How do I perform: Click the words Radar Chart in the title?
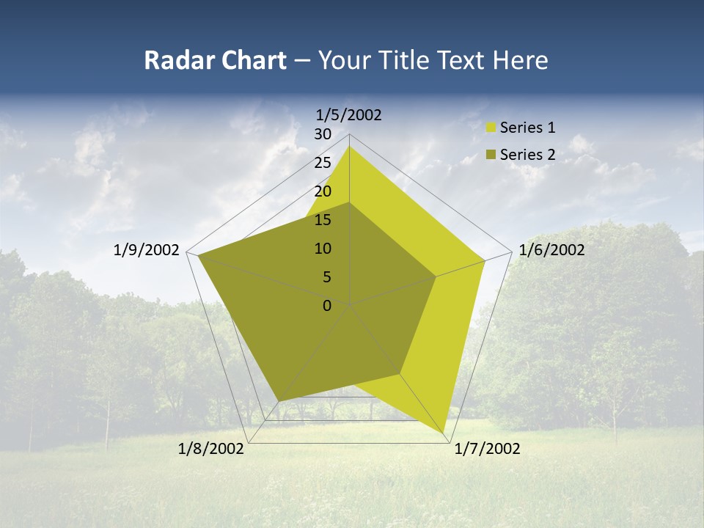215,60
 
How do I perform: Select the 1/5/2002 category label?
349,114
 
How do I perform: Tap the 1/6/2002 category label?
551,250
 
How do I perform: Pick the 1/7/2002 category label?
487,449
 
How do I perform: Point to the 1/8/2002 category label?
211,449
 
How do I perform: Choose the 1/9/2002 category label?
147,250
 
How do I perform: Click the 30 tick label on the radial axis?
323,134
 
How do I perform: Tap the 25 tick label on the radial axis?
323,163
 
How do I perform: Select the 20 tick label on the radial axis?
323,191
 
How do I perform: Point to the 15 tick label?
323,220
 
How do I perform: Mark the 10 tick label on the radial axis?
323,249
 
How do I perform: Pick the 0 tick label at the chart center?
327,306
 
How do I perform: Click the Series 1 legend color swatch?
491,128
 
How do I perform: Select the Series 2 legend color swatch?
491,155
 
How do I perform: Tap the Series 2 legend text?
527,155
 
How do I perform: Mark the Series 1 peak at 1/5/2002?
349,146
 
